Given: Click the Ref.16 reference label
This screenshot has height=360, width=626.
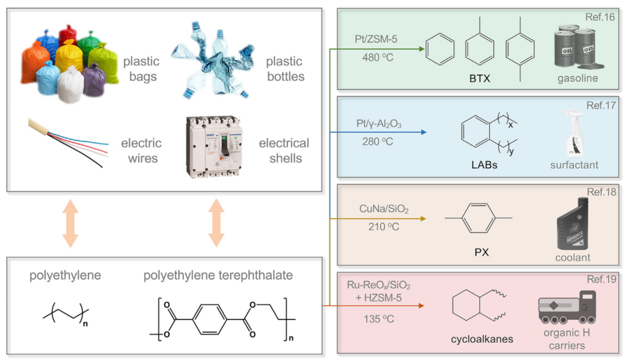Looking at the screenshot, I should click(x=602, y=15).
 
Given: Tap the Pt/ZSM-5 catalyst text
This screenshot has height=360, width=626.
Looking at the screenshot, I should click(x=376, y=40).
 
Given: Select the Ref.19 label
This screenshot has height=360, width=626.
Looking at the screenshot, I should click(x=602, y=280).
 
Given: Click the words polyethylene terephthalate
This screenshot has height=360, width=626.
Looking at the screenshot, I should click(x=217, y=275).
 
